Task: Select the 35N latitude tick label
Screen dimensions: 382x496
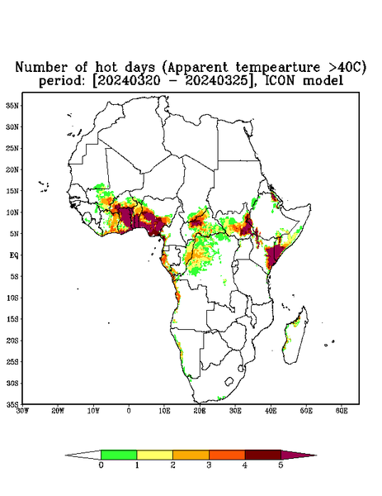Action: [12, 106]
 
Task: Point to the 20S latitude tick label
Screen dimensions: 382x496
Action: [12, 341]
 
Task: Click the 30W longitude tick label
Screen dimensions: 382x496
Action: [22, 411]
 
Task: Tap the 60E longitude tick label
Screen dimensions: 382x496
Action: [342, 411]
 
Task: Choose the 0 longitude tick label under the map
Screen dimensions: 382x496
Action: [129, 411]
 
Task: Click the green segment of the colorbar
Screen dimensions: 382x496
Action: [119, 455]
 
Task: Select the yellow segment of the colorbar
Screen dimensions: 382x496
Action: [154, 455]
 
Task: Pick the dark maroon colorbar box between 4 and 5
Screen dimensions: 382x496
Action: [263, 455]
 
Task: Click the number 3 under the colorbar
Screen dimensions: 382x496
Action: [209, 465]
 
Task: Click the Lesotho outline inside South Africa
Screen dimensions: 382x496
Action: [229, 381]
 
